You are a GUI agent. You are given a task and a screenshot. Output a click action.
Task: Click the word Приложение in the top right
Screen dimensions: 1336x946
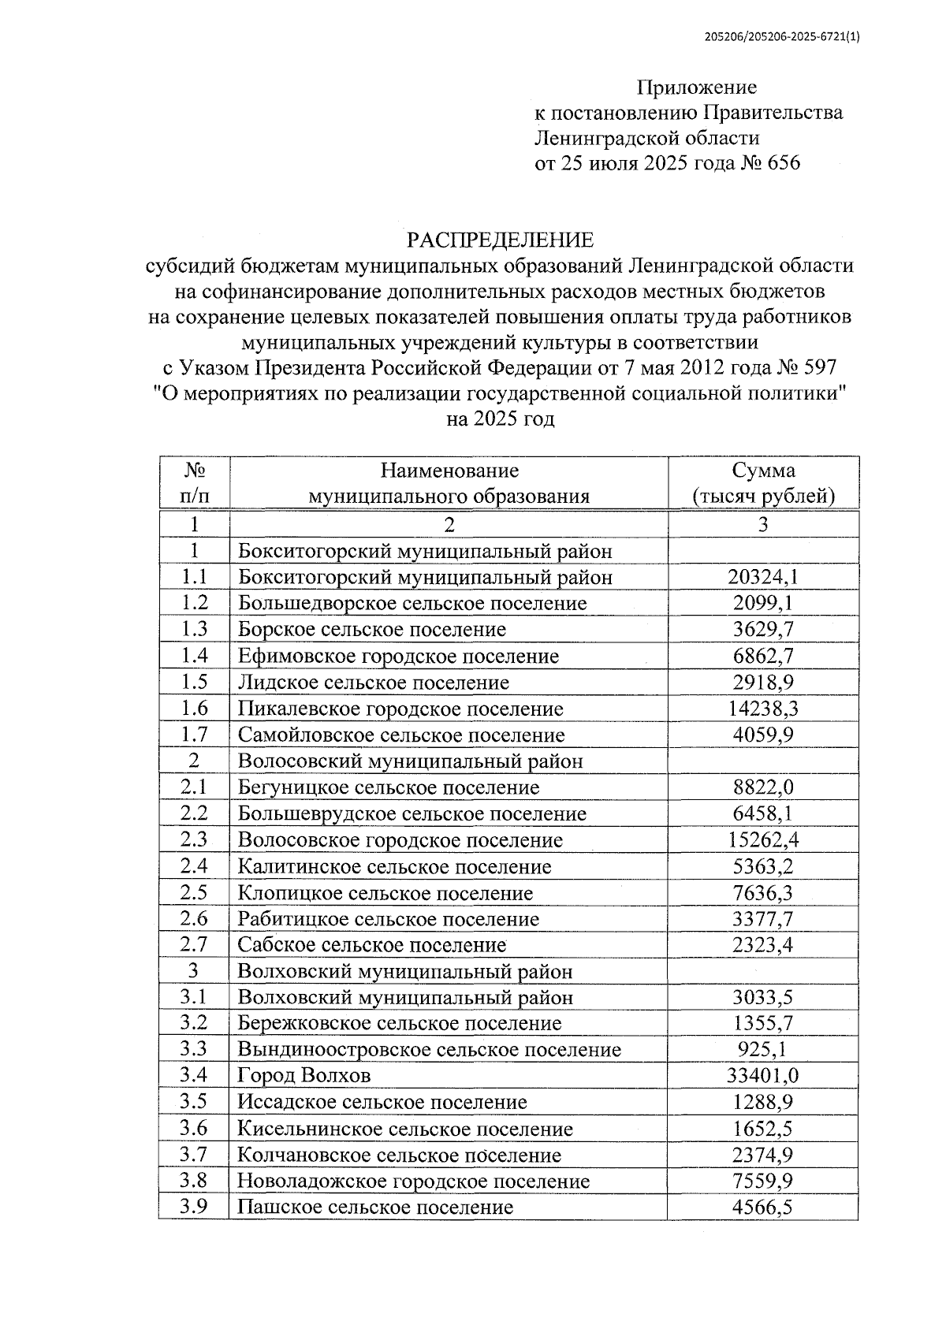[x=696, y=87]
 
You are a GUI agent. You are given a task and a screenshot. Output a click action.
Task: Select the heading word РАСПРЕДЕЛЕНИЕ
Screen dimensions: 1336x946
[x=500, y=240]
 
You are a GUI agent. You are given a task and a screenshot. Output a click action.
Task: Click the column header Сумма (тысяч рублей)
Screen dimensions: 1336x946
[x=763, y=483]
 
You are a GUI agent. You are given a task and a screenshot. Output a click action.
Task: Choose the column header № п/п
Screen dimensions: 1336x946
[x=194, y=483]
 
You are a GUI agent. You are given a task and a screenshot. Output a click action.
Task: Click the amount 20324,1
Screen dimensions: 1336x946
[x=763, y=577]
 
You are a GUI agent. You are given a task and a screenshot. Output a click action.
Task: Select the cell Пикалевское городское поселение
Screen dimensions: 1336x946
[x=400, y=709]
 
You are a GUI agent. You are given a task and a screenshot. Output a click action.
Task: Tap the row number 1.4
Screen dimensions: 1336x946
[x=194, y=656]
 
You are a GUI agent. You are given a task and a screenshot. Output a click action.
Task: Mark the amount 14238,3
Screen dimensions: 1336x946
[x=763, y=709]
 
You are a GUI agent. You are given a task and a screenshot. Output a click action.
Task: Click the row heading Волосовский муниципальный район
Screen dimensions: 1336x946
[x=410, y=761]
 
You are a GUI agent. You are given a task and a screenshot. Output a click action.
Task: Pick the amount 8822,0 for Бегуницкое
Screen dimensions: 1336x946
[x=763, y=787]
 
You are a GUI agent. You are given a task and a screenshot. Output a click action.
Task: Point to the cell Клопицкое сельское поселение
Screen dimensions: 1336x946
[x=385, y=893]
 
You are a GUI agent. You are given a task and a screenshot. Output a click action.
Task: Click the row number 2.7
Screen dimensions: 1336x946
[x=194, y=945]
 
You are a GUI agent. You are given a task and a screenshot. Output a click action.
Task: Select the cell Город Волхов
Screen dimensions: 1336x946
[x=304, y=1076]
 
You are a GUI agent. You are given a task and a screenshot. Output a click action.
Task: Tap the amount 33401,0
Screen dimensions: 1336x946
[x=763, y=1076]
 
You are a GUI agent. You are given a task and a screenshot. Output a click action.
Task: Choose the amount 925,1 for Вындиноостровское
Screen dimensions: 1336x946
[x=763, y=1050]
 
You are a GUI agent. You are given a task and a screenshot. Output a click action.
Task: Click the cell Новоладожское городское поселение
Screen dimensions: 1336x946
[x=413, y=1182]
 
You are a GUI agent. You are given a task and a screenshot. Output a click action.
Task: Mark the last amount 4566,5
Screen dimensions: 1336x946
[x=763, y=1208]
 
